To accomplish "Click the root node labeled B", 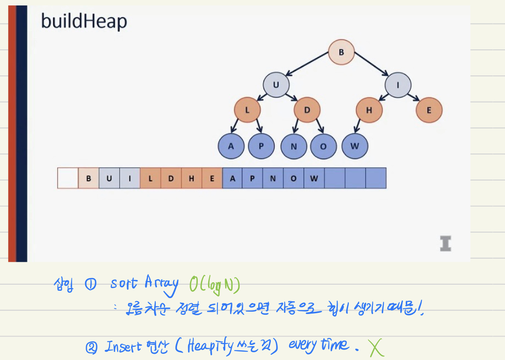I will [x=341, y=52].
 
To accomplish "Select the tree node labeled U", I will [x=276, y=85].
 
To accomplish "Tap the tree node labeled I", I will [x=398, y=85].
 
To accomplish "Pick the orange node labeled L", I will [x=247, y=110].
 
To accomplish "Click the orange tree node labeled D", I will [x=307, y=110].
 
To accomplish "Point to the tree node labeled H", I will [x=369, y=110].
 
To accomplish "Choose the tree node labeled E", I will [x=428, y=110].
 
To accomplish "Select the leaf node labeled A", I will [x=231, y=146].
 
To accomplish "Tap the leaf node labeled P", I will [x=261, y=146].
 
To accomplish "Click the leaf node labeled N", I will [x=294, y=147].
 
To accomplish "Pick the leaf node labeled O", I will [x=323, y=147].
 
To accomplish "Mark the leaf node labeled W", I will [x=355, y=146].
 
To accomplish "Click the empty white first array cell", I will [x=68, y=178].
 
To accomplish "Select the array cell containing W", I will [x=314, y=178].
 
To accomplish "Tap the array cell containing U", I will [x=109, y=178].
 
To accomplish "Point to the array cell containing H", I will [x=191, y=178].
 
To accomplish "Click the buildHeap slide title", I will [x=84, y=21].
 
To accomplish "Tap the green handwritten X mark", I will [x=376, y=348].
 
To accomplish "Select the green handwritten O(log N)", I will [x=214, y=285].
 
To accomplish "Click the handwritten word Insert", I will [x=123, y=346].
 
